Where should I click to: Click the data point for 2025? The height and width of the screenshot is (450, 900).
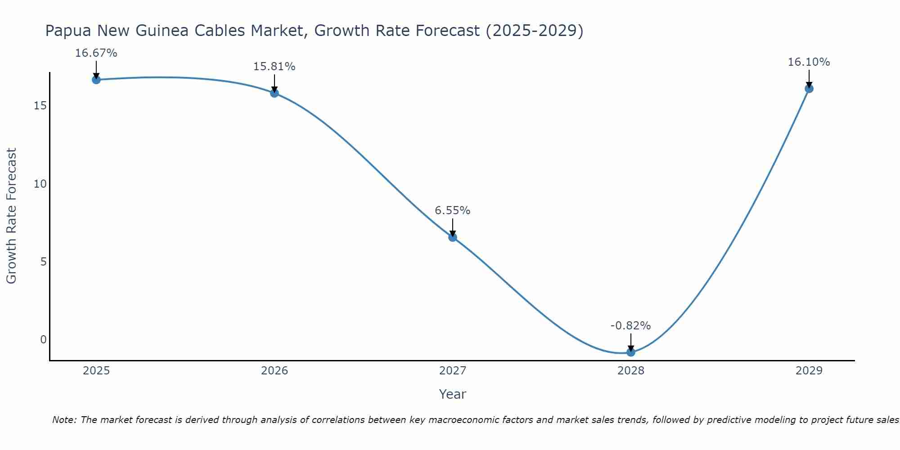[96, 80]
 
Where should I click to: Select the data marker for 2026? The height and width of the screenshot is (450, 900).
[274, 93]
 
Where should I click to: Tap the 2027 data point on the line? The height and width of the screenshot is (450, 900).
[453, 237]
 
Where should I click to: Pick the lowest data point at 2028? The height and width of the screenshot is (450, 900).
[631, 352]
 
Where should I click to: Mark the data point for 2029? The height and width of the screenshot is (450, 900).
[809, 89]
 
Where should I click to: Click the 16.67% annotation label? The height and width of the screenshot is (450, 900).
[96, 53]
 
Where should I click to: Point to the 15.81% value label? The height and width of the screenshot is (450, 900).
[274, 67]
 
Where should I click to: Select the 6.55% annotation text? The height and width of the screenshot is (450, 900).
[453, 211]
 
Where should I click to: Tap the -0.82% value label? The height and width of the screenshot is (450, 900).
[631, 326]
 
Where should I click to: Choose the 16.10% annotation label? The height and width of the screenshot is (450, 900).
[809, 62]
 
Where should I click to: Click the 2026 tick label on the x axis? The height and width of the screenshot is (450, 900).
[274, 371]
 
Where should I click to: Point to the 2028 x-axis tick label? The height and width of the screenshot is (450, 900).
[631, 371]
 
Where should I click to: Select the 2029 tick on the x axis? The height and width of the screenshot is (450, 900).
[809, 371]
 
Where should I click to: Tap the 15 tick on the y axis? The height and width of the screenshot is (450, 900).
[40, 106]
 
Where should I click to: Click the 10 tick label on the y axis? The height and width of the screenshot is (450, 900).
[40, 184]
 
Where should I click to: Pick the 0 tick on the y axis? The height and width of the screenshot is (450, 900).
[43, 340]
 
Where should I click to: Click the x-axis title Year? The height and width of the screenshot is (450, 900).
[453, 394]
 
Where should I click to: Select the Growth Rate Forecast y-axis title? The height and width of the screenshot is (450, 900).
[11, 216]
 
